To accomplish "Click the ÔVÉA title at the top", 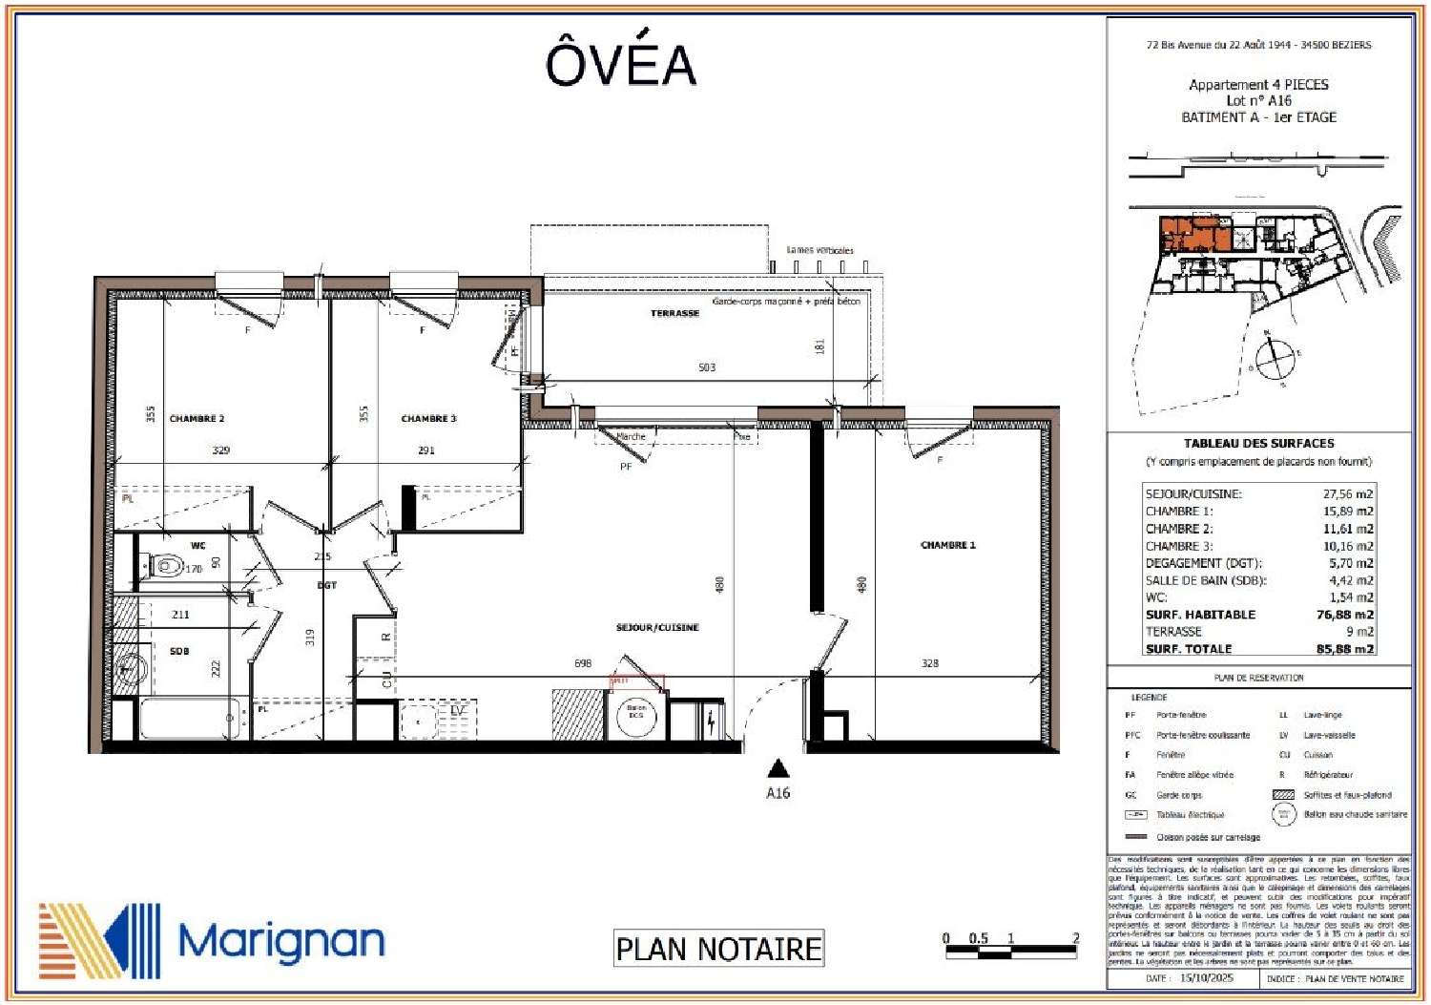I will click(x=620, y=64).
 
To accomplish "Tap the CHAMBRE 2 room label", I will click(x=197, y=419).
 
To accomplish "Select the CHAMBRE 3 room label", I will click(x=428, y=419).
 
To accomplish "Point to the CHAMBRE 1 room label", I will click(x=947, y=546).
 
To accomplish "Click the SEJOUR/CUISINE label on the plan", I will click(x=657, y=628).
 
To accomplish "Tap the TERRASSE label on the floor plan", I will click(x=674, y=314).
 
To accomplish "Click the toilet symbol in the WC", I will click(x=166, y=567).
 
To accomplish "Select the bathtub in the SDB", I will click(x=189, y=719).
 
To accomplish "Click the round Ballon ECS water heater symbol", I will click(x=636, y=716).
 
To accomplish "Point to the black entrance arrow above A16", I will click(x=778, y=768).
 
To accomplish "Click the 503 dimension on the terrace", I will click(x=706, y=367).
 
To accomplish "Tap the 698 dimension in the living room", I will click(x=583, y=663).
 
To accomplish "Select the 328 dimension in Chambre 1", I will click(x=929, y=663).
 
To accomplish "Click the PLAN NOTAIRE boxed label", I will click(x=718, y=949).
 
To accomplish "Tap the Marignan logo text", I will click(x=281, y=942).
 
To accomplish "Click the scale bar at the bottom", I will click(x=1010, y=950).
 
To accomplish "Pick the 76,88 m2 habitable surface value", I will click(x=1344, y=615).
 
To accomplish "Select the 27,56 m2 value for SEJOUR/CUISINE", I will click(x=1347, y=494).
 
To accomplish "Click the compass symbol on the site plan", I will click(x=1274, y=360).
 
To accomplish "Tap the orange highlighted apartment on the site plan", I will click(x=1192, y=235).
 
